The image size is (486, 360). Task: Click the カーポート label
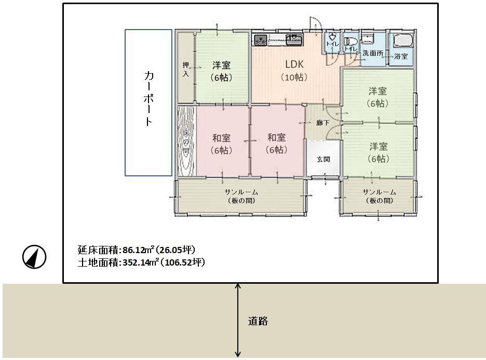pyautogui.click(x=148, y=99)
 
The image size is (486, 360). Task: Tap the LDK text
pyautogui.click(x=294, y=64)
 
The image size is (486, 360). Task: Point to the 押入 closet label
pyautogui.click(x=186, y=70)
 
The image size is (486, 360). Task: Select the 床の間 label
pyautogui.click(x=186, y=142)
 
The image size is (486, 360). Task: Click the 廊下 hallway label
pyautogui.click(x=323, y=123)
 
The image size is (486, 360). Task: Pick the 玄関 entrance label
pyautogui.click(x=323, y=159)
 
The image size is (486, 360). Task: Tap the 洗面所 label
pyautogui.click(x=373, y=53)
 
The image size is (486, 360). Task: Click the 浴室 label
pyautogui.click(x=401, y=57)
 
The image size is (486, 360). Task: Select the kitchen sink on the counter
pyautogui.click(x=294, y=39)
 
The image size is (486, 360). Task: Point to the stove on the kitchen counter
pyautogui.click(x=261, y=39)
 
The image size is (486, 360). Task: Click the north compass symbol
pyautogui.click(x=34, y=257)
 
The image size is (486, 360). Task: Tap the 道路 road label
pyautogui.click(x=258, y=321)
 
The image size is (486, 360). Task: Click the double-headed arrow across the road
pyautogui.click(x=238, y=320)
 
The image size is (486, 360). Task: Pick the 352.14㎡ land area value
pyautogui.click(x=141, y=262)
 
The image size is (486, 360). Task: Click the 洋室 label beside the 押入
pyautogui.click(x=221, y=65)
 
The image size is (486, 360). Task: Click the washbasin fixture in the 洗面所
pyautogui.click(x=368, y=38)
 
